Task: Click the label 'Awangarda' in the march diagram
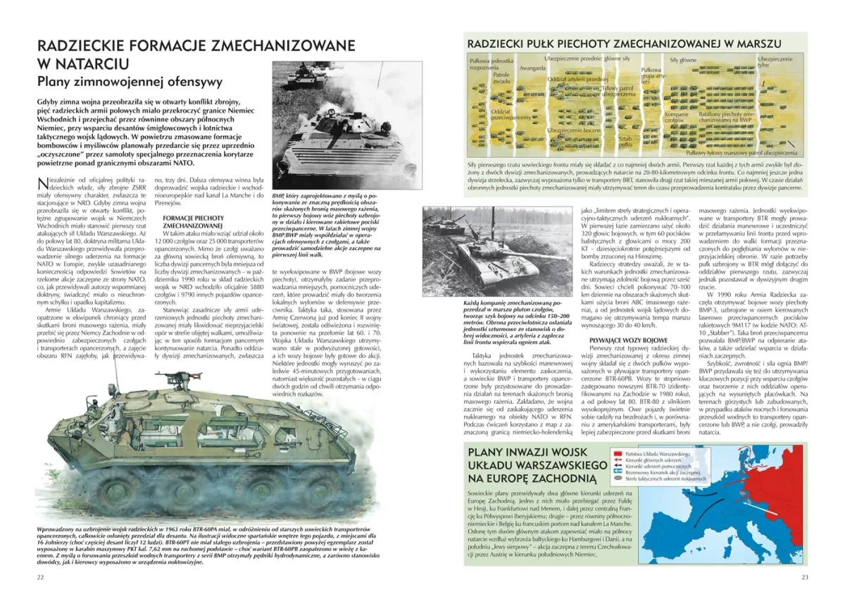532,68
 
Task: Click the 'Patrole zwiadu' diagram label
501,78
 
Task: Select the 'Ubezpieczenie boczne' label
574,130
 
